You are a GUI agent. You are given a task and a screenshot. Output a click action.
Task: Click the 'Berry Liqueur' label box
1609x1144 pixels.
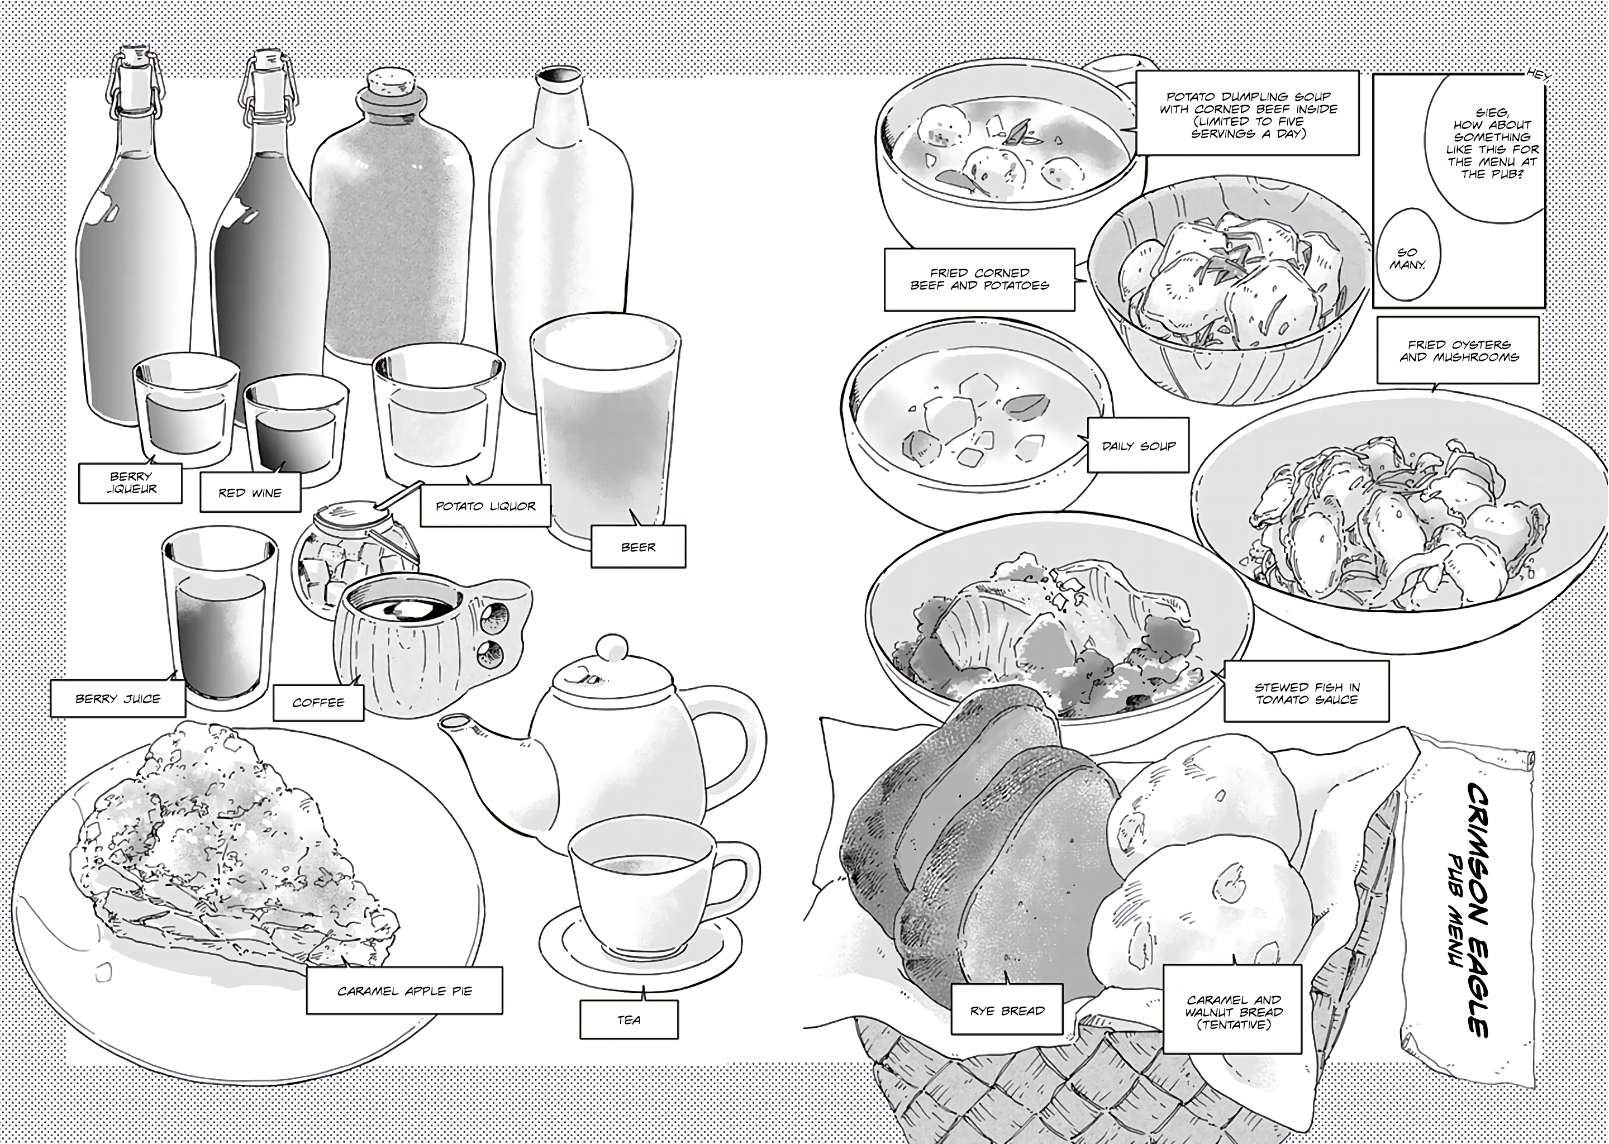pos(130,483)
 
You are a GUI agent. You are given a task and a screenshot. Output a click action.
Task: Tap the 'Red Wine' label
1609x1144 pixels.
pos(250,492)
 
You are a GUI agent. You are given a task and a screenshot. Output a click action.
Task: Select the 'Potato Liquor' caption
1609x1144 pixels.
pos(485,506)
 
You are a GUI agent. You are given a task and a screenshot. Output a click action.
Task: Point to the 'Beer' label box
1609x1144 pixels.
pos(638,547)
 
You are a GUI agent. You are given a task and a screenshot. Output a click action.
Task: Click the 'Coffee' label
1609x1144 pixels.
pos(318,702)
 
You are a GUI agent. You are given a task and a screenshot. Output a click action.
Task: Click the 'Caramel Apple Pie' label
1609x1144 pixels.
pos(404,990)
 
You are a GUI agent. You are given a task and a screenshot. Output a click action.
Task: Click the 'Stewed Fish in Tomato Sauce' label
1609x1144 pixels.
pos(1307,693)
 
